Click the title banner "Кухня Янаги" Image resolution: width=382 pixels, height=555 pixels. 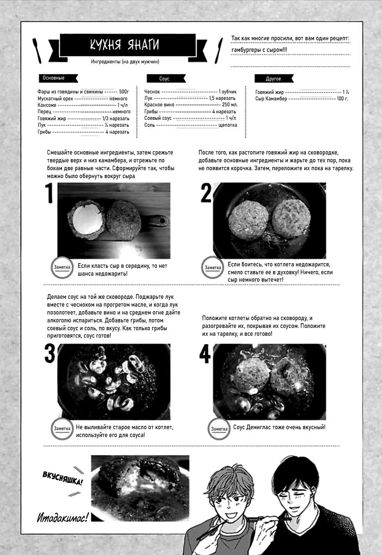(124, 45)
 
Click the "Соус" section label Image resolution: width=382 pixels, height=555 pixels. (164, 79)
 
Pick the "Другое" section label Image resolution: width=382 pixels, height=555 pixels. (273, 79)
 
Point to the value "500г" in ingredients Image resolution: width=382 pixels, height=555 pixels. (123, 92)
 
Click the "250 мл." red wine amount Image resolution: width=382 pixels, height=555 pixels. (229, 105)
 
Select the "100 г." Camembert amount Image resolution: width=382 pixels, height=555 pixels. (343, 99)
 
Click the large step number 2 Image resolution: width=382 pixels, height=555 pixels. (206, 194)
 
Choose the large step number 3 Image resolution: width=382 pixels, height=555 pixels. (49, 354)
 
